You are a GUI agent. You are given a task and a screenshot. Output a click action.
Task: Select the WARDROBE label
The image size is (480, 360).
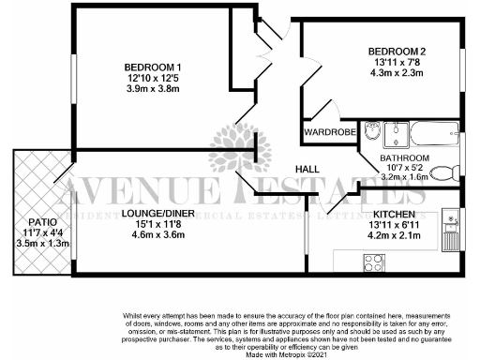tap(329, 133)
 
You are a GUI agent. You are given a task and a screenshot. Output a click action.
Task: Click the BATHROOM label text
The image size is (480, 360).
tap(404, 157)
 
